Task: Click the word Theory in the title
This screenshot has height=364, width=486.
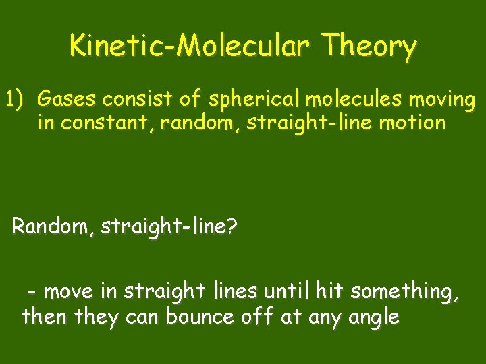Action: (x=369, y=47)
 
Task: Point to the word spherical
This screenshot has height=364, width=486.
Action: (x=256, y=100)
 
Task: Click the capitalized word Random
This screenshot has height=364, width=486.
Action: (x=53, y=226)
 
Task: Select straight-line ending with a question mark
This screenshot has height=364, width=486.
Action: (x=169, y=227)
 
